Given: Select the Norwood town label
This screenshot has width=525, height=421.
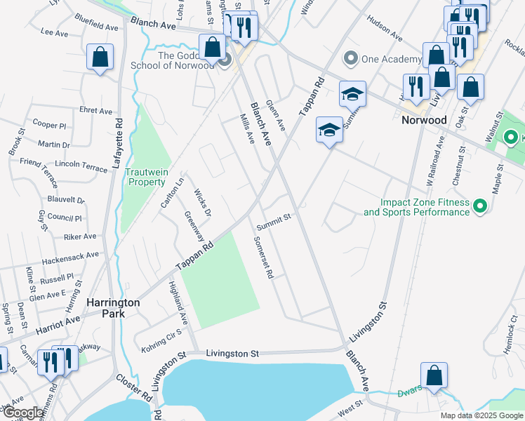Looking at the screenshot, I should point(424,120).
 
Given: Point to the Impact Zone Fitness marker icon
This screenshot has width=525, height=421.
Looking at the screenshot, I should point(480,206).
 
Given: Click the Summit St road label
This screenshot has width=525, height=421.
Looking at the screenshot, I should point(273,222).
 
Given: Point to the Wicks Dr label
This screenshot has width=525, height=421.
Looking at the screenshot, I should point(203,203).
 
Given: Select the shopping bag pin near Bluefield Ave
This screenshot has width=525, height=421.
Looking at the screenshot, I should point(100,57).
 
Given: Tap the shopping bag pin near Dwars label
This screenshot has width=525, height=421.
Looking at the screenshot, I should point(434,375).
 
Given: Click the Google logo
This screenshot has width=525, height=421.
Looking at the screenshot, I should point(22,413).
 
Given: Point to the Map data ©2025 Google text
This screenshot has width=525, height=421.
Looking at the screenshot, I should point(481,415).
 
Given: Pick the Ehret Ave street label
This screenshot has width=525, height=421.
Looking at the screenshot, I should point(96,111).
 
